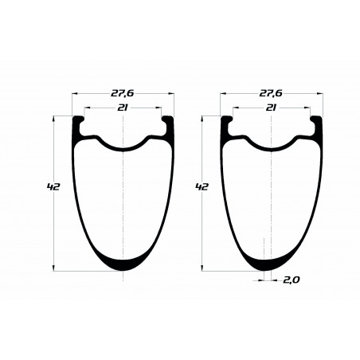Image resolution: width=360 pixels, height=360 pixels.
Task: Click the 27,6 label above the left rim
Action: tap(123, 93)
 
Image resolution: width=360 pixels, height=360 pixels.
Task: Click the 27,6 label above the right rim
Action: tap(271, 93)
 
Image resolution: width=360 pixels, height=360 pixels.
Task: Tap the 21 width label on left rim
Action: tap(123, 108)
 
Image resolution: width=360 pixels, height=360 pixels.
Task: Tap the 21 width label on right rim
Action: tap(271, 108)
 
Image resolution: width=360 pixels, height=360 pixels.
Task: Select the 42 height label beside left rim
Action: tap(53, 187)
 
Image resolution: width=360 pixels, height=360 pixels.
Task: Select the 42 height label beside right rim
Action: tap(202, 187)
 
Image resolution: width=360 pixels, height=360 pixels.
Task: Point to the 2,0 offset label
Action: tap(291, 280)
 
